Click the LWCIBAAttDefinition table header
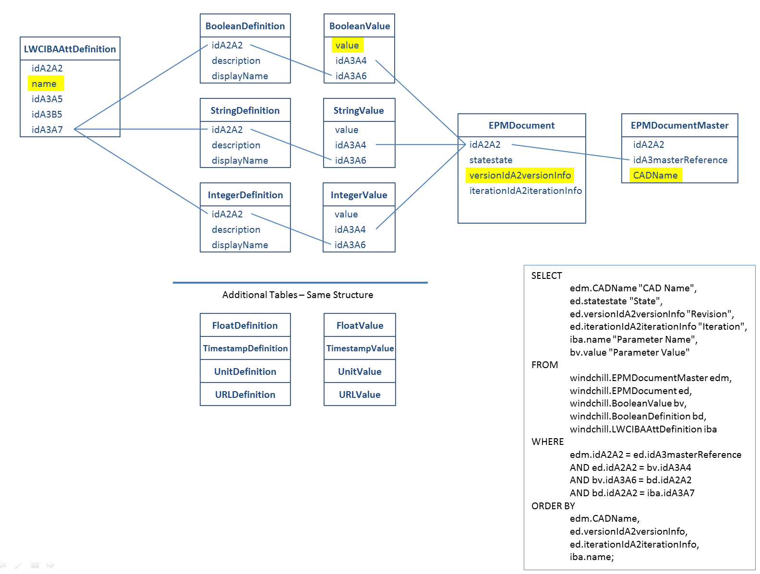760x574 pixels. tap(70, 49)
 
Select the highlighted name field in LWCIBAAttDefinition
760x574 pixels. tap(45, 84)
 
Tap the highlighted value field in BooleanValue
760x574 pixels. tap(347, 45)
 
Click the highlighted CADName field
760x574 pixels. tap(655, 175)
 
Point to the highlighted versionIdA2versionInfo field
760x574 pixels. tap(520, 175)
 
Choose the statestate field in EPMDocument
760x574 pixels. tap(491, 160)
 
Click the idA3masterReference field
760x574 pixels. tap(680, 160)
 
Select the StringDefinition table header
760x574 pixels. tap(245, 110)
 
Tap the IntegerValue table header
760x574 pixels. tap(359, 195)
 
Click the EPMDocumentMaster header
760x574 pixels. tap(679, 125)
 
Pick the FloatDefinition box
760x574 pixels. tap(245, 325)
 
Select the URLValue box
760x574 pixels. tap(360, 395)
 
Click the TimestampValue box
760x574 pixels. tap(360, 348)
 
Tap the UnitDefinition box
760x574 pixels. tap(245, 371)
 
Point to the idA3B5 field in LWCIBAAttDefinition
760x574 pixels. tap(47, 114)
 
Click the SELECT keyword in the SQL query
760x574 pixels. tap(546, 275)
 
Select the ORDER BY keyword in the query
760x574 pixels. tap(553, 506)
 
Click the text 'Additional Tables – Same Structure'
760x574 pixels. tap(298, 295)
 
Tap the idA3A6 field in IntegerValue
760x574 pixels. tap(350, 245)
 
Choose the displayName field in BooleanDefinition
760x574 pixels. tap(240, 76)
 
